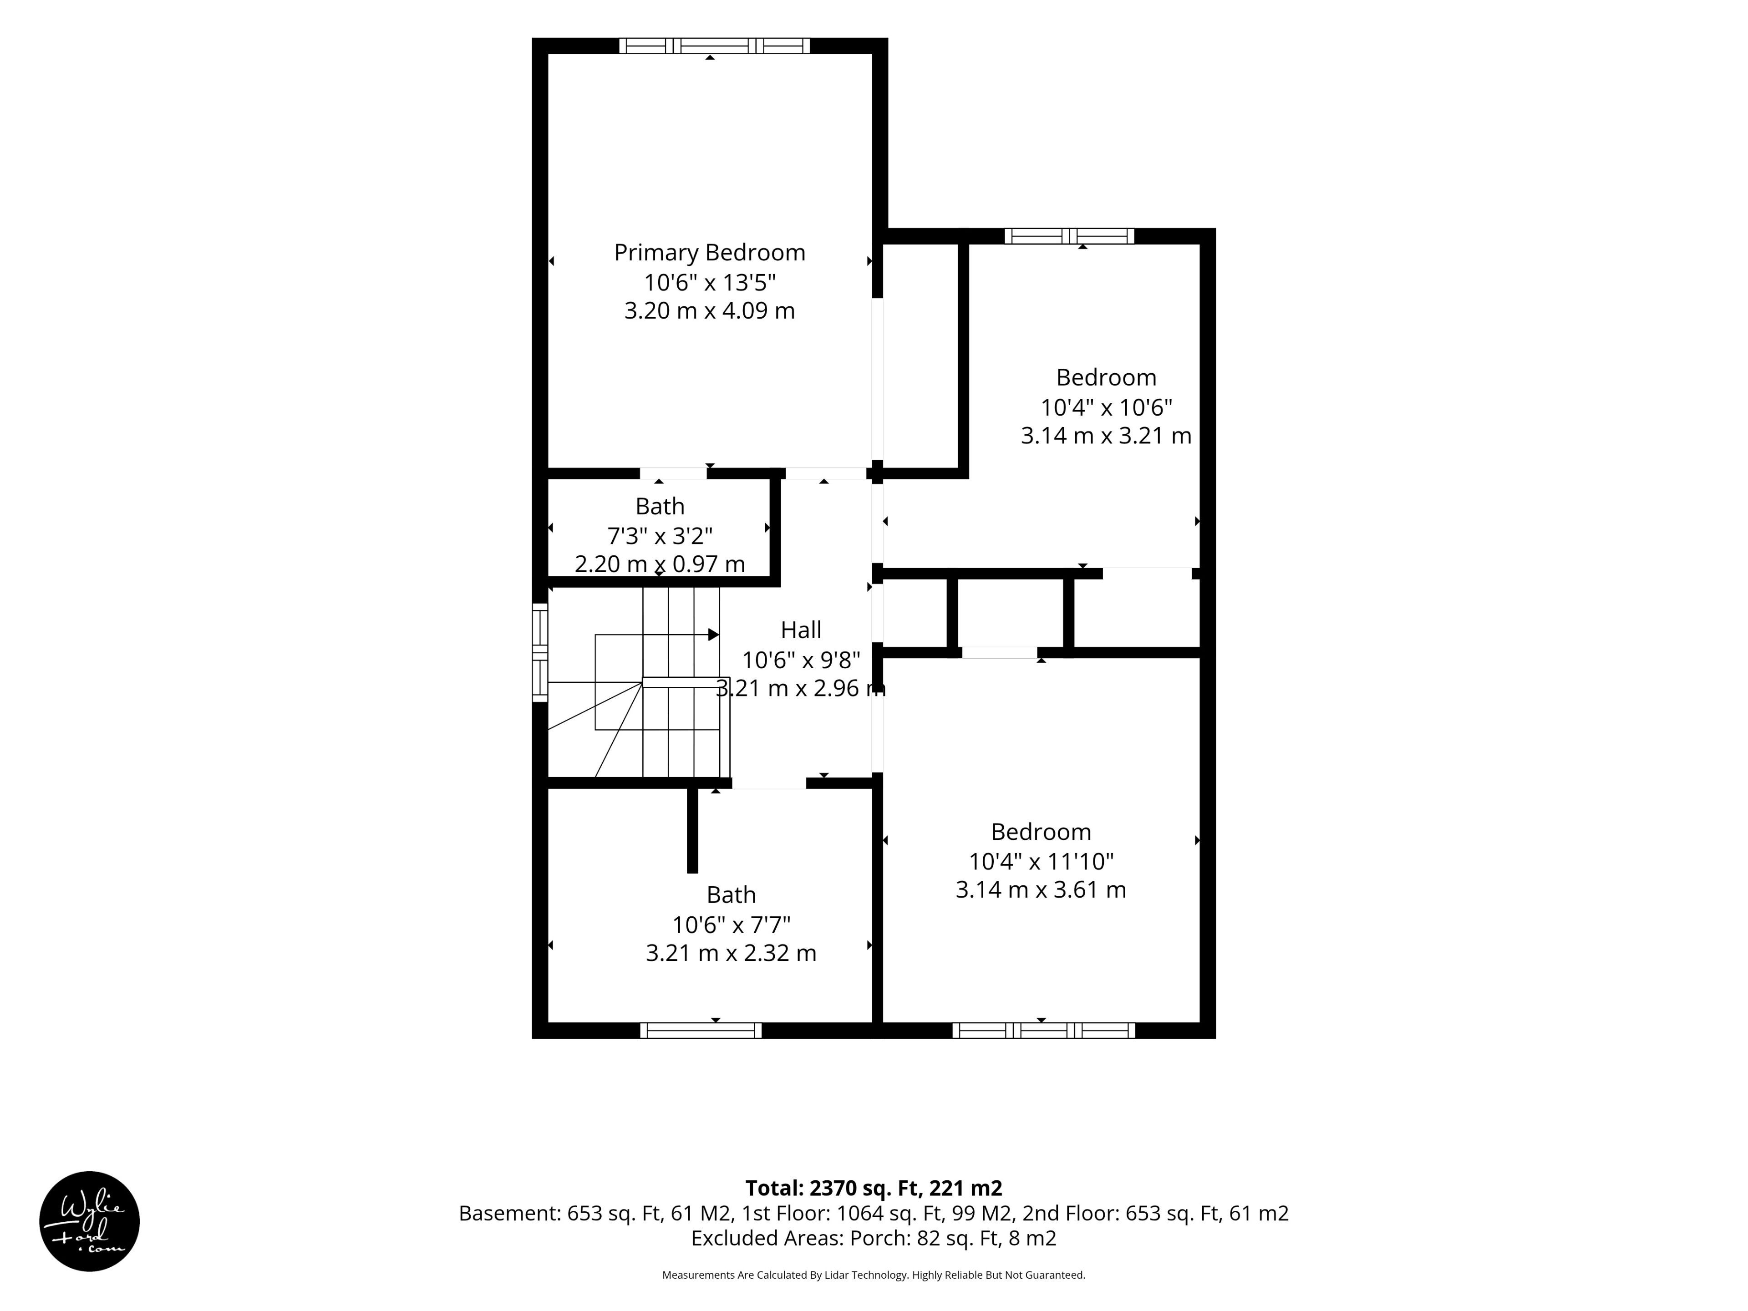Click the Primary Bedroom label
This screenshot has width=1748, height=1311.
(710, 253)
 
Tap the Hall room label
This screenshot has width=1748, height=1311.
(801, 630)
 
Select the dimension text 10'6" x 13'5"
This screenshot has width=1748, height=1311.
(710, 282)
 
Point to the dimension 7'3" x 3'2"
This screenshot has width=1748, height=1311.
(660, 536)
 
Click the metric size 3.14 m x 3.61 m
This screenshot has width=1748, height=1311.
(1041, 890)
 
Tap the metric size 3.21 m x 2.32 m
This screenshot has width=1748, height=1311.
(731, 953)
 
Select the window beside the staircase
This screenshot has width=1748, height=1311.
(540, 653)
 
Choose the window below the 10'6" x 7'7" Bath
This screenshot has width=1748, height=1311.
(701, 1031)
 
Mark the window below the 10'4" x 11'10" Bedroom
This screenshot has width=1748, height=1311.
(1043, 1031)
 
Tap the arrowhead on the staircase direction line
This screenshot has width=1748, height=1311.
(714, 635)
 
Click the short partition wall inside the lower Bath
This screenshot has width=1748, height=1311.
(692, 830)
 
